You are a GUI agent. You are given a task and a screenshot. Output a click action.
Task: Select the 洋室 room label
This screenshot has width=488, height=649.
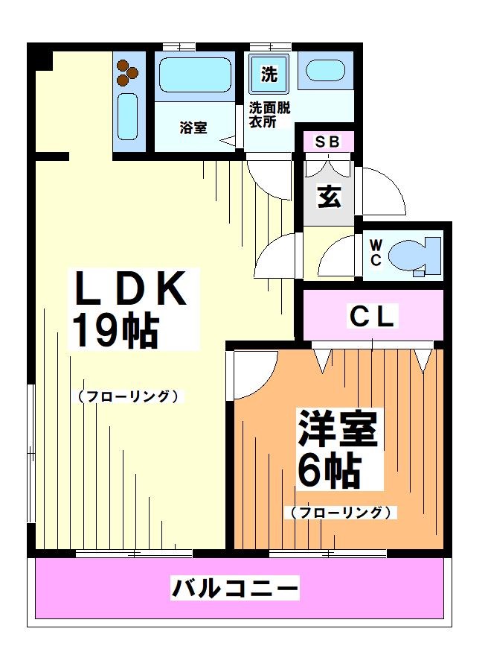338,429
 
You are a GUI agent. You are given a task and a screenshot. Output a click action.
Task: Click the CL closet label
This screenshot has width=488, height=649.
373,317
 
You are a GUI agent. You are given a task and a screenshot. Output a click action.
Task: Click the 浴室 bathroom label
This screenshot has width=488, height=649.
193,128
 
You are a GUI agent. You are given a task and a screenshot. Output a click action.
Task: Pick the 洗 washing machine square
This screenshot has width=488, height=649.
268,74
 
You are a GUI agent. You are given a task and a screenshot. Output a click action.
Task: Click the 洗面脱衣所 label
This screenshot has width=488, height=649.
269,114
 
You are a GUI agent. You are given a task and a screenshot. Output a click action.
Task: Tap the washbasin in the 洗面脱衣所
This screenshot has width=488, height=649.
324,72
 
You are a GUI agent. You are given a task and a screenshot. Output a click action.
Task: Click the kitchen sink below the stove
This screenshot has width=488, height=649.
127,116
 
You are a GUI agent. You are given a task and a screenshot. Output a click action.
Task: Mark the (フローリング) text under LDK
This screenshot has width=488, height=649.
129,396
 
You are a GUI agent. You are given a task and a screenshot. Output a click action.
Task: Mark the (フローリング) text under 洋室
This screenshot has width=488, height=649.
340,513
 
